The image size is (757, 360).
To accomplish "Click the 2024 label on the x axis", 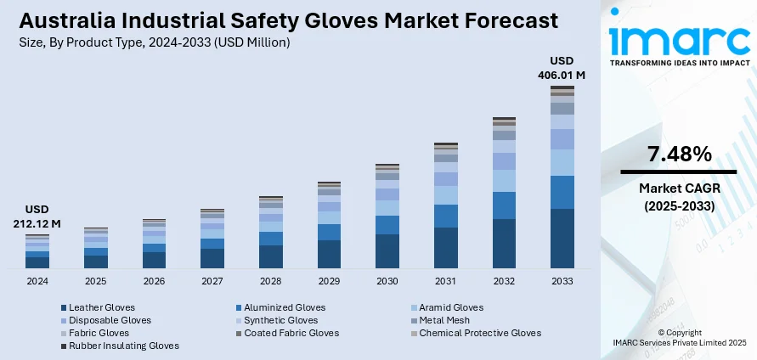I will (x=37, y=281).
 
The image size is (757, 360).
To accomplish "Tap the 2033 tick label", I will (x=562, y=281).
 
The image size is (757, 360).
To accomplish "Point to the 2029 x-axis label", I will (x=329, y=281).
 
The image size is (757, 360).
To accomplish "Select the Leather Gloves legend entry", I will (x=101, y=307).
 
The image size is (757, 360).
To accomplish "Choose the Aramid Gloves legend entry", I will (x=451, y=307).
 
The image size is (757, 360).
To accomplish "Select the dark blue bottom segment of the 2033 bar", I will (x=562, y=239).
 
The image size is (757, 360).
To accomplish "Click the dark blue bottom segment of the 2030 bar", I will (x=387, y=251).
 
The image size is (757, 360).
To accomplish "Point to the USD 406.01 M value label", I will (x=562, y=68).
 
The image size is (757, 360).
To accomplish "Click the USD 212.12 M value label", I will (x=37, y=217).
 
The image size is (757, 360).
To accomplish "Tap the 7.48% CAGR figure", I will (x=679, y=155).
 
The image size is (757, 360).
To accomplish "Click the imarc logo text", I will (x=680, y=40).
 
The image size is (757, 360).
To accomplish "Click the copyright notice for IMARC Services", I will (x=679, y=337).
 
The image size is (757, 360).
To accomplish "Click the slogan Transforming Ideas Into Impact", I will (x=680, y=64).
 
